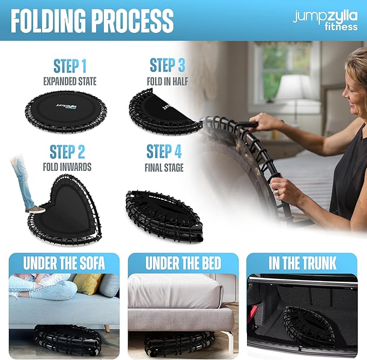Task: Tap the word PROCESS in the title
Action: click(132, 21)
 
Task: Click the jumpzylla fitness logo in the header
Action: click(325, 20)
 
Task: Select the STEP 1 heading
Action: click(70, 66)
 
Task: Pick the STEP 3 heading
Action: click(168, 65)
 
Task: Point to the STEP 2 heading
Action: click(67, 152)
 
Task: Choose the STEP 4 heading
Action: click(164, 151)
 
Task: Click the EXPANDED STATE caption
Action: click(70, 81)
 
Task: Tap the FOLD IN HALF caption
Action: click(168, 82)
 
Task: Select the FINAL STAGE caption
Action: click(164, 168)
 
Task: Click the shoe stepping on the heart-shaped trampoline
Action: click(36, 210)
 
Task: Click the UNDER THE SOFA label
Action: click(64, 263)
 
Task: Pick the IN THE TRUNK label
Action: click(302, 263)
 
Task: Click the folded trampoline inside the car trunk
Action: click(309, 325)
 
